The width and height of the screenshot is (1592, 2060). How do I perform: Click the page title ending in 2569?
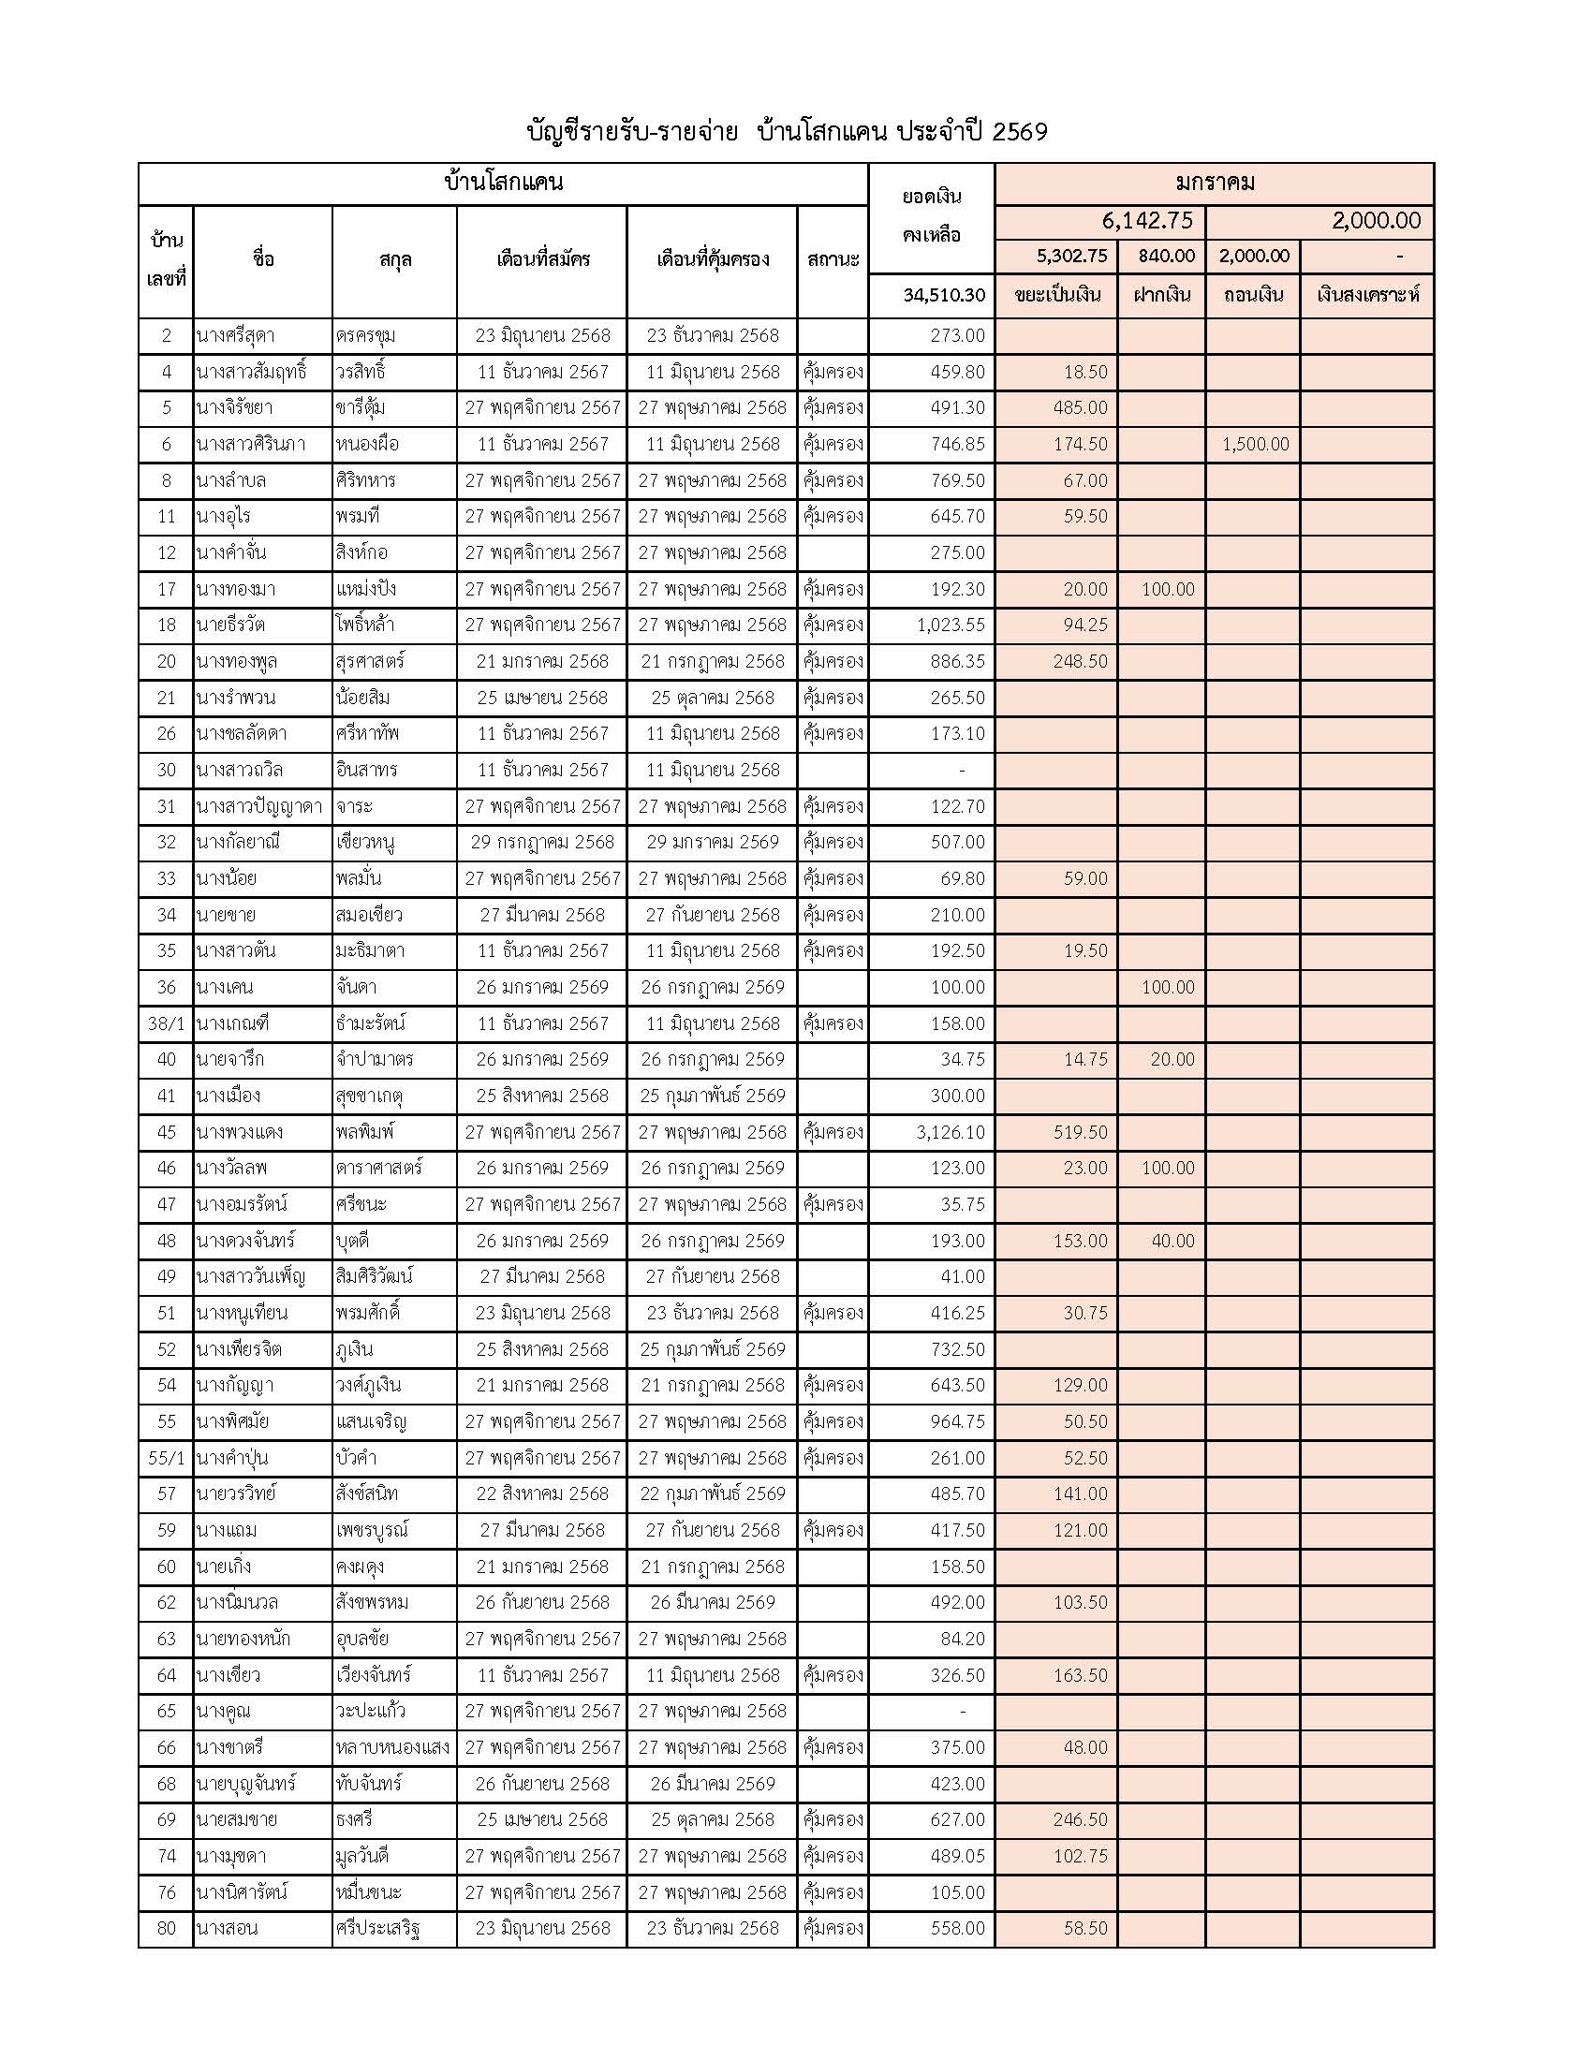click(787, 132)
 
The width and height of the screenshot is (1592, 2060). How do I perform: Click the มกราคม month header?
click(1215, 183)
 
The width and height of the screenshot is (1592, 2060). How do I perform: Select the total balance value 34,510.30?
click(942, 295)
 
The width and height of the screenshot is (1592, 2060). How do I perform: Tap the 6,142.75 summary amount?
click(1147, 221)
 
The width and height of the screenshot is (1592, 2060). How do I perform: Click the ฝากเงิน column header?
click(1162, 295)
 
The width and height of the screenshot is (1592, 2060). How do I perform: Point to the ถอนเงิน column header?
click(1253, 295)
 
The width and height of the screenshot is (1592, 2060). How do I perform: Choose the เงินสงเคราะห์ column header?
click(1367, 295)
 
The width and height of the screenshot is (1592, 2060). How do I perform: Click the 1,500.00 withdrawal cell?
click(1254, 444)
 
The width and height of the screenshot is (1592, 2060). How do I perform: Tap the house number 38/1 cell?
click(166, 1023)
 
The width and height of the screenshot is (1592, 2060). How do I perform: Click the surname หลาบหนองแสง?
click(392, 1748)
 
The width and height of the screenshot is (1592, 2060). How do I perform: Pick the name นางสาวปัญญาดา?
click(259, 806)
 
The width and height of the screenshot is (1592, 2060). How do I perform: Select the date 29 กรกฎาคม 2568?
click(542, 843)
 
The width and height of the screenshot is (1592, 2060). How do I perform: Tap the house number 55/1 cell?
click(166, 1458)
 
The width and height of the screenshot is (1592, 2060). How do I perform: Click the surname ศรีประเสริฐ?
click(377, 1929)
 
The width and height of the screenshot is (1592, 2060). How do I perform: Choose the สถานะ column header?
click(833, 259)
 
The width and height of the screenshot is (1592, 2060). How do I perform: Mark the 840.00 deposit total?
click(1166, 256)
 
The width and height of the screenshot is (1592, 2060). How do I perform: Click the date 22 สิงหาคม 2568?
click(542, 1494)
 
